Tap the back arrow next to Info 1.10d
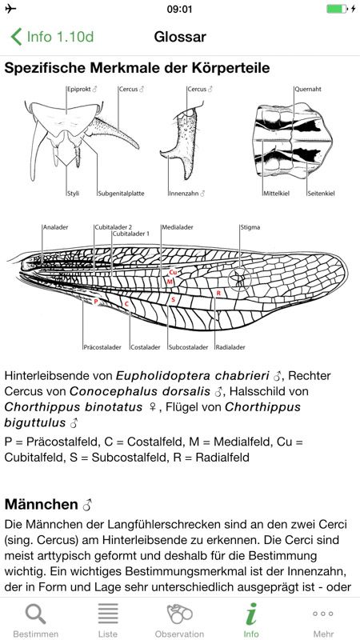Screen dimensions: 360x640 [16, 37]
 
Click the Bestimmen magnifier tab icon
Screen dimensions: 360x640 [35, 614]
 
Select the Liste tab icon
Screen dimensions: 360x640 [108, 614]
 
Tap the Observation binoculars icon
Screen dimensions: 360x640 [179, 614]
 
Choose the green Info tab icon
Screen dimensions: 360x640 [251, 614]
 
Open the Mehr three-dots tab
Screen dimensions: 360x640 [323, 614]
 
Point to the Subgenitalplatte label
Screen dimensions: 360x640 [122, 194]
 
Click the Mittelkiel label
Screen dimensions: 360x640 [276, 194]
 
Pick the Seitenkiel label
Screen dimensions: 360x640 [321, 194]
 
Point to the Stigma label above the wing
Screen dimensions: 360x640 [250, 227]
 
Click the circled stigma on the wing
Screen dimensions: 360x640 [239, 279]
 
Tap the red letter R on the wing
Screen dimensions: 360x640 [218, 293]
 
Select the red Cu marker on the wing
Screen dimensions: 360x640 [173, 272]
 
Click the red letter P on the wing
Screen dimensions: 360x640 [95, 302]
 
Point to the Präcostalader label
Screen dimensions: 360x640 [102, 347]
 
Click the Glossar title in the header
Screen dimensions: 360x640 [180, 37]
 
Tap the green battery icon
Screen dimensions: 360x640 [337, 9]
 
